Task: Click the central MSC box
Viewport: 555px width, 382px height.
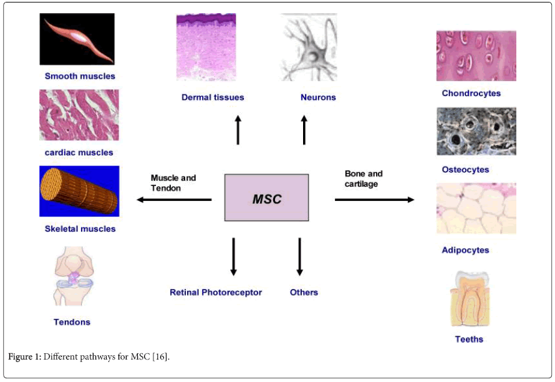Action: [266, 198]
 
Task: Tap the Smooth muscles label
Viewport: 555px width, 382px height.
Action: [80, 76]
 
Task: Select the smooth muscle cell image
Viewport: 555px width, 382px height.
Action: [77, 39]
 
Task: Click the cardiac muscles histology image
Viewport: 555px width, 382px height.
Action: [79, 115]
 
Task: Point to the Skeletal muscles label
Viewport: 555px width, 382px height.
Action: [80, 228]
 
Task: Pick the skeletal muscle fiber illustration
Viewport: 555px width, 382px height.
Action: [79, 191]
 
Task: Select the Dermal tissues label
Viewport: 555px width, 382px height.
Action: [213, 97]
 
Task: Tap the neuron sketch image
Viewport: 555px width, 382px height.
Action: [309, 47]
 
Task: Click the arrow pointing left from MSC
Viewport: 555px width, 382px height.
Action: [174, 200]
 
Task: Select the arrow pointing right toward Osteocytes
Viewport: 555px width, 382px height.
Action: [374, 200]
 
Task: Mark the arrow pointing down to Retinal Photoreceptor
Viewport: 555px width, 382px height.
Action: [233, 256]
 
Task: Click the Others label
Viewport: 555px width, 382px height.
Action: [304, 292]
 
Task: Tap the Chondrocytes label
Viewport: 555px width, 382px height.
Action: [471, 94]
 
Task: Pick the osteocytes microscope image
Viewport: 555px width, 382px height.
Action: [476, 131]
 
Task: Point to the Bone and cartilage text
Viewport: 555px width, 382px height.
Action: [364, 179]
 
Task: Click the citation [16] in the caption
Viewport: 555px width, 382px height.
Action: [160, 356]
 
